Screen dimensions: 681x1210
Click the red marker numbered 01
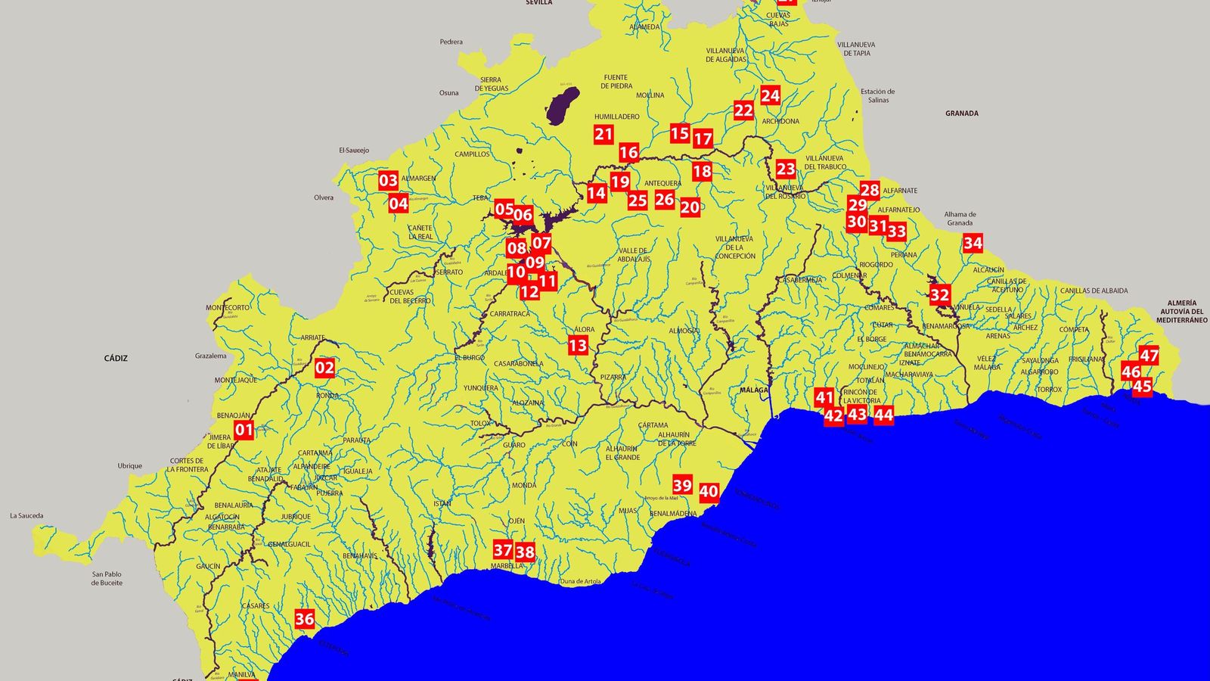click(x=244, y=431)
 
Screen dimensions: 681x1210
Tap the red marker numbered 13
click(x=578, y=346)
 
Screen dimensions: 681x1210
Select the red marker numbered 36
click(x=304, y=619)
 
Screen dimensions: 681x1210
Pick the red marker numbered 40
click(x=709, y=492)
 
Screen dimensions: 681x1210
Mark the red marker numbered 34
click(x=973, y=243)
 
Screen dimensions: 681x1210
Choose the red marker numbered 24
click(x=770, y=95)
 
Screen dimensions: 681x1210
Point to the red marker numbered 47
click(x=1149, y=356)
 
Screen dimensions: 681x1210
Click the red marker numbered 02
click(x=324, y=368)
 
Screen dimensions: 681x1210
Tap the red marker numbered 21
click(x=603, y=135)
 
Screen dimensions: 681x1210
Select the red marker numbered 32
click(x=939, y=295)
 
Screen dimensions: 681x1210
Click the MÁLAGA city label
click(x=754, y=390)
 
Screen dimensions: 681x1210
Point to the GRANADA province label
click(x=961, y=113)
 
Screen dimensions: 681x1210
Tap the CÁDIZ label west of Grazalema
click(x=116, y=358)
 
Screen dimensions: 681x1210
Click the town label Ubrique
click(x=129, y=466)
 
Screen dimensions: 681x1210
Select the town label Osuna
click(x=448, y=93)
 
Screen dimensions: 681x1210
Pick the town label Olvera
click(x=324, y=197)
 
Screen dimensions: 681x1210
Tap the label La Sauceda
click(x=26, y=516)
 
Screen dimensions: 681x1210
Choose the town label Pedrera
click(x=451, y=42)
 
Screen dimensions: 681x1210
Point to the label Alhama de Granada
click(x=960, y=219)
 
